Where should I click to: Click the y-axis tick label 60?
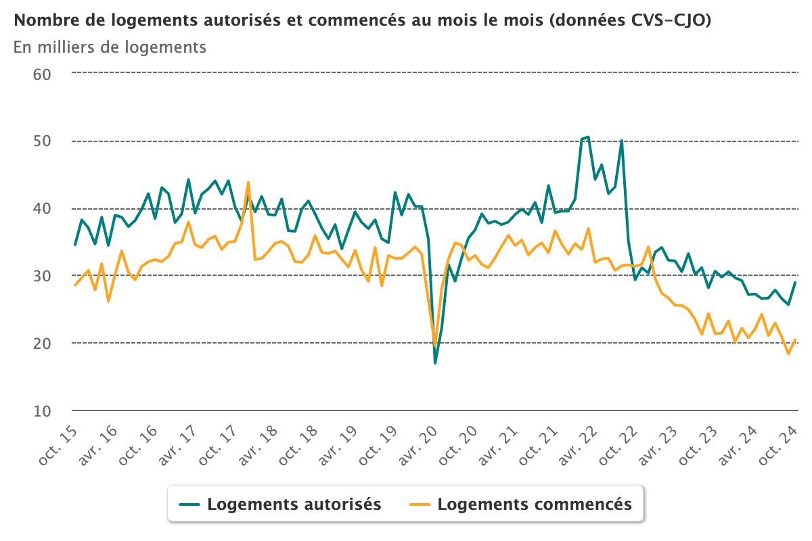[42, 74]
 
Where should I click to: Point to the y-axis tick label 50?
[42, 141]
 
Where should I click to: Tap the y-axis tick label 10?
[42, 411]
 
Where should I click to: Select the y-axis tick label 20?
[42, 344]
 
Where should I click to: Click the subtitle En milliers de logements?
[110, 47]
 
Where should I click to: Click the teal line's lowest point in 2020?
[435, 363]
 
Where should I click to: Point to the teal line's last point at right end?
[795, 283]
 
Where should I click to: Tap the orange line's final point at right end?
[795, 339]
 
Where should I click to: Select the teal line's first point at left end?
[74, 244]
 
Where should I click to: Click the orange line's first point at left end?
[74, 285]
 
